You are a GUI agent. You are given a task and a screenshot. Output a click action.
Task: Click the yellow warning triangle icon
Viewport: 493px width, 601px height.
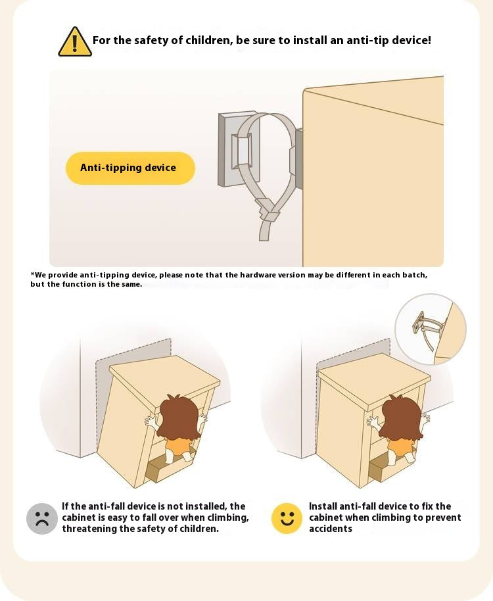[x=75, y=42]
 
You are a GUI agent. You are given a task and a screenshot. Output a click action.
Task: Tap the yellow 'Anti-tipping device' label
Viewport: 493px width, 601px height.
[x=130, y=168]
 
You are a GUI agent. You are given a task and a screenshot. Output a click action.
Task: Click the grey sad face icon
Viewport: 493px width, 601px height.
[x=42, y=519]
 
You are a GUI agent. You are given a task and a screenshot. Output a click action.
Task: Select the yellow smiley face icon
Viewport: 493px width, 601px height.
[x=287, y=518]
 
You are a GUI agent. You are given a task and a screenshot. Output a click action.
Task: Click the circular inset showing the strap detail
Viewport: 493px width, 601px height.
[x=431, y=329]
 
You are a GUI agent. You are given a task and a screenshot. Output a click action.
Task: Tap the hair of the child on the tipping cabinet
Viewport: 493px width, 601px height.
[x=179, y=417]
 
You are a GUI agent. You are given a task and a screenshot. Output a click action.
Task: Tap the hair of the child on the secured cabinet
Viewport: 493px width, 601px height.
[x=401, y=417]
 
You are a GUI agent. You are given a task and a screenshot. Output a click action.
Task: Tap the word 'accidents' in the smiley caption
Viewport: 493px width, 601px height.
[x=331, y=529]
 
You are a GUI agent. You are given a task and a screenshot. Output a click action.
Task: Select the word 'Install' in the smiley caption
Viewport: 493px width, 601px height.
[x=323, y=506]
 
